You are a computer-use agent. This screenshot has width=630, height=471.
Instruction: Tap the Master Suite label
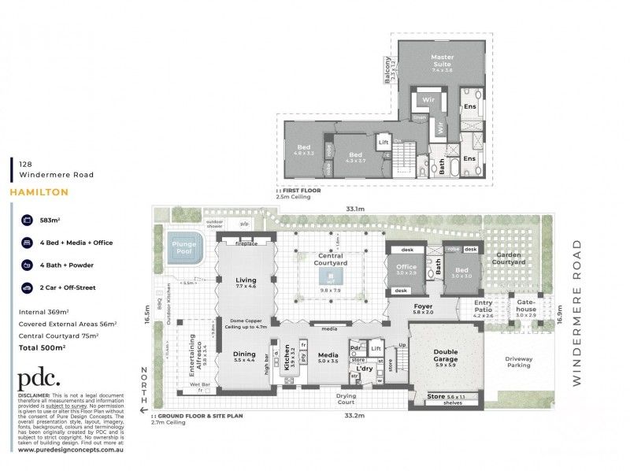point(442,61)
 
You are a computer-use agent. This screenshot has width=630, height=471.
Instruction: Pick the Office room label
point(406,267)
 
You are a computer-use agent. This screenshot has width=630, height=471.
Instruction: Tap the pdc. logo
point(41,377)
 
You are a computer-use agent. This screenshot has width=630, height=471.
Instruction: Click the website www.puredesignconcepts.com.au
point(68,451)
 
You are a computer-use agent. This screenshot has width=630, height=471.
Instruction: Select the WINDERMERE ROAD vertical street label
point(580,313)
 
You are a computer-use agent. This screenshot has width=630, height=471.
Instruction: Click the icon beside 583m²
point(25,221)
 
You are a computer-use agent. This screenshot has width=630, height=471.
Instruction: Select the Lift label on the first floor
point(384,143)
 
